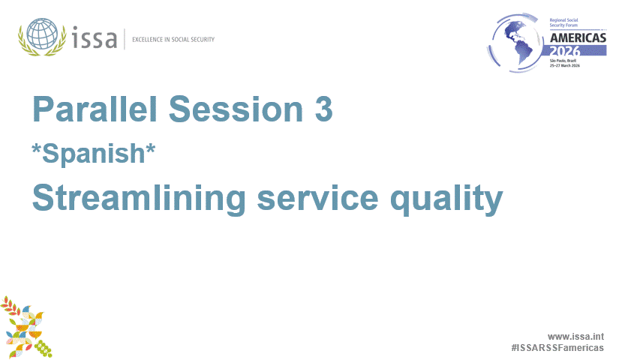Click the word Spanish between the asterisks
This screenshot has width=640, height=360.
click(94, 153)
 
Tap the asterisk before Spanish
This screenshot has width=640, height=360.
click(36, 148)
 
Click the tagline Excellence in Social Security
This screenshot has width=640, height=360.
click(173, 39)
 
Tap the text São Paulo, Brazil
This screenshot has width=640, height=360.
click(563, 60)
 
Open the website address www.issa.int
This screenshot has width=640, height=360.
click(575, 337)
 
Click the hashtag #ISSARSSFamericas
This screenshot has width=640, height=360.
click(557, 348)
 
